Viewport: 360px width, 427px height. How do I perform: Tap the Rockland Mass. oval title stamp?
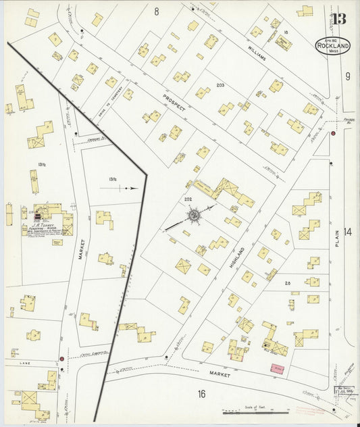point(333,45)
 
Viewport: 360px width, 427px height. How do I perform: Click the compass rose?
point(194,216)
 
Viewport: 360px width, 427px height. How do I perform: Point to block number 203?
point(220,85)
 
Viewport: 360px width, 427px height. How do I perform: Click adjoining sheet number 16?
point(201,394)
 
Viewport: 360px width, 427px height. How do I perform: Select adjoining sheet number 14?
point(347,232)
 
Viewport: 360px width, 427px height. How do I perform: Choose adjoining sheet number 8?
point(156,11)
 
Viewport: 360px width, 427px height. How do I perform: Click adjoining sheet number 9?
point(348,76)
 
